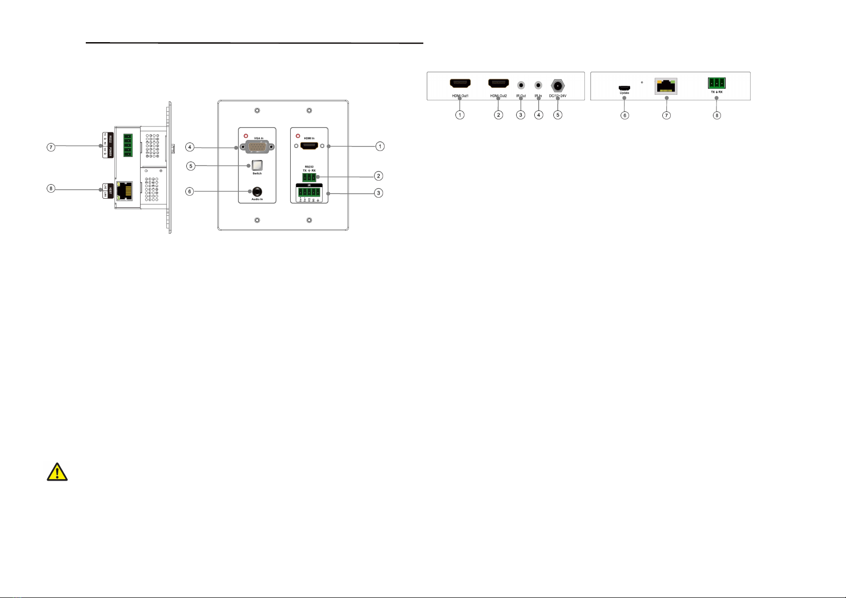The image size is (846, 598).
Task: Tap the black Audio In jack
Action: [257, 191]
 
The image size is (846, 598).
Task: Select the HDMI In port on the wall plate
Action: [309, 146]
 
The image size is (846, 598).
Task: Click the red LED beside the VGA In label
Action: [245, 136]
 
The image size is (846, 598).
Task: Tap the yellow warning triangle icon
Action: [57, 473]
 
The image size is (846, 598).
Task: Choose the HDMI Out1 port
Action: [459, 84]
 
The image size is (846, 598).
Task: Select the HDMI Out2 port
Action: [498, 84]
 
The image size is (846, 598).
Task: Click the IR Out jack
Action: [521, 85]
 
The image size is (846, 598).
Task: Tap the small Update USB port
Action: [624, 88]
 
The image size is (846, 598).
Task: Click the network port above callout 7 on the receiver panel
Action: [666, 86]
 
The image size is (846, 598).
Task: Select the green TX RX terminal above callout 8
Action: [716, 83]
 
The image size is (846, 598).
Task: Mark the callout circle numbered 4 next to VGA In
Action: [190, 147]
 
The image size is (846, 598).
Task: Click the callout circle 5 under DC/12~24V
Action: [557, 115]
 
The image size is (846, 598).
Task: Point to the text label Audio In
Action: [257, 200]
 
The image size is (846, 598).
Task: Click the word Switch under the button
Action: [257, 174]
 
